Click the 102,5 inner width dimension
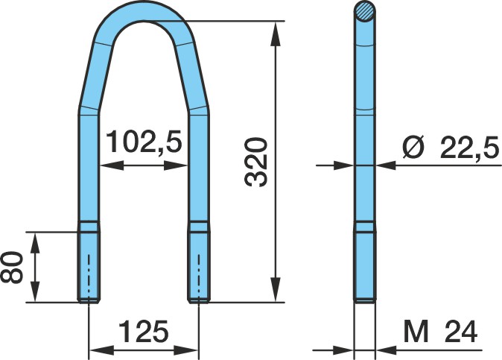(x=144, y=142)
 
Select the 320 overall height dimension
(x=255, y=162)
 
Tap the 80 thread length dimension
(x=12, y=268)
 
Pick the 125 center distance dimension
(x=144, y=331)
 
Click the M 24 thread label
(x=440, y=332)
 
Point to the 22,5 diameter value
(x=469, y=148)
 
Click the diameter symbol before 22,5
(x=413, y=148)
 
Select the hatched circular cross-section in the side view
(x=365, y=11)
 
